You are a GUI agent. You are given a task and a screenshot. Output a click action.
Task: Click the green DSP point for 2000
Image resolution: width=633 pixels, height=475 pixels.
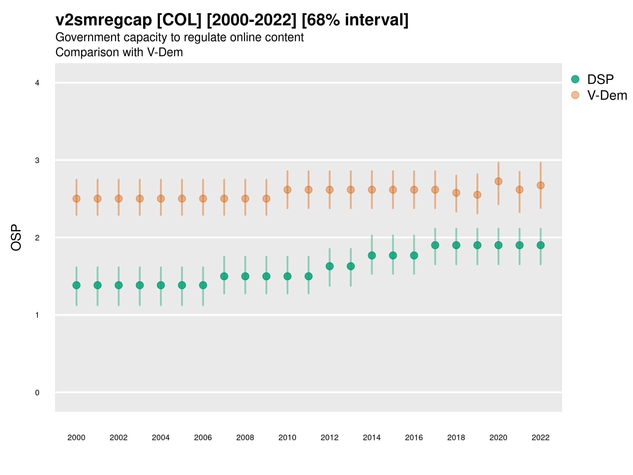[x=76, y=285]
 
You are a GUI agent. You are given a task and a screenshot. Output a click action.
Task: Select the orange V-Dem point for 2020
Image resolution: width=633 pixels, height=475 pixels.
[x=498, y=181]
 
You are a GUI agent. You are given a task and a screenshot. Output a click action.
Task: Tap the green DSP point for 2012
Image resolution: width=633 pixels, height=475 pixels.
[x=330, y=266]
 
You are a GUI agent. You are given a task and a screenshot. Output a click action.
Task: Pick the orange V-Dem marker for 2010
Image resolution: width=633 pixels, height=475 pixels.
[x=287, y=190]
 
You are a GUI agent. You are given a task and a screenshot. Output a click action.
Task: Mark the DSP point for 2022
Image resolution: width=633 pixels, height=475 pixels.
[x=541, y=245]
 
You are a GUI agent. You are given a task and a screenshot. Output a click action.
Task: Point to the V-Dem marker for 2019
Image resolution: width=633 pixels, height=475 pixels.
[x=477, y=195]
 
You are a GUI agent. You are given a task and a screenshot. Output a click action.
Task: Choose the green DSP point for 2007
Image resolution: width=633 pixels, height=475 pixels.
[x=224, y=276]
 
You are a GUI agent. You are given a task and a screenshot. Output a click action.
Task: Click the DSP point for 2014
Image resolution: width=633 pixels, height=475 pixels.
[x=372, y=255]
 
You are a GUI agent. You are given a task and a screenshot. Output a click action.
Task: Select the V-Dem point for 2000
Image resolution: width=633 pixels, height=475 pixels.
[x=76, y=199]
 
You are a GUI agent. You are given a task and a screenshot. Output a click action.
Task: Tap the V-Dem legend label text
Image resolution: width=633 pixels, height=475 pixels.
[x=607, y=95]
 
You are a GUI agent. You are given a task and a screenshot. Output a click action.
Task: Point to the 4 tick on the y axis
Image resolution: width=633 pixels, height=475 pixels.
[x=37, y=83]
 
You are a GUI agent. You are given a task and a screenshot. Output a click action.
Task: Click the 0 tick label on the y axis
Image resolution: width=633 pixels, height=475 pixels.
[x=37, y=393]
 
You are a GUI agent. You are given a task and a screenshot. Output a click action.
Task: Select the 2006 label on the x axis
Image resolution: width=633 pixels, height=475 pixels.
[x=203, y=438]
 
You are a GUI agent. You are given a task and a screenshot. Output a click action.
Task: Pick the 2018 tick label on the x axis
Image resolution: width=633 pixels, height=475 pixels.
[x=456, y=438]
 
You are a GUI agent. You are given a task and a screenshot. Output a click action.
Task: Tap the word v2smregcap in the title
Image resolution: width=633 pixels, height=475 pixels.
[x=104, y=20]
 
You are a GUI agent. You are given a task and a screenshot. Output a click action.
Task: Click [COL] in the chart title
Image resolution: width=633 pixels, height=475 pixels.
[x=179, y=20]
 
